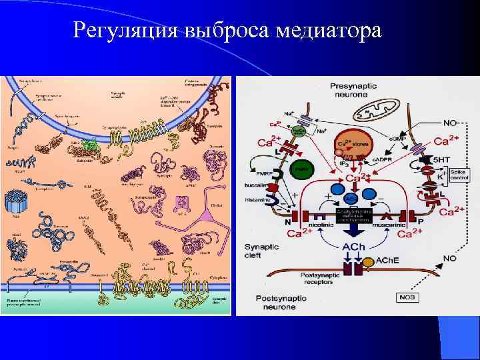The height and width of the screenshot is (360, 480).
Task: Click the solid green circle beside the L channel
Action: [x=304, y=169]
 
